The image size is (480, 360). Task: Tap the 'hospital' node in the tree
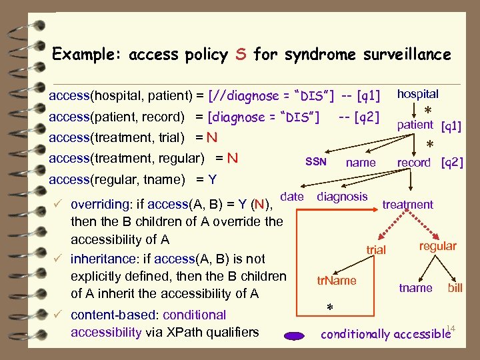[417, 95]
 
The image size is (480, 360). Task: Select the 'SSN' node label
[315, 162]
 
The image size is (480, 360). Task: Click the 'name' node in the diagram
[361, 163]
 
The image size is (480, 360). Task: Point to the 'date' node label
[292, 196]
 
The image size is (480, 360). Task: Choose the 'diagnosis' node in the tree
[342, 196]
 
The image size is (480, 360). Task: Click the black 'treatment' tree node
[407, 205]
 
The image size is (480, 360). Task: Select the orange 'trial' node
[376, 249]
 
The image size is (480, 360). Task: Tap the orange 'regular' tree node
[437, 246]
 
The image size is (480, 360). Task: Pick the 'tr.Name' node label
[336, 281]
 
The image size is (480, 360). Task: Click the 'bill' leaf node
[455, 288]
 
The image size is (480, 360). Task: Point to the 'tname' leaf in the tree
[415, 288]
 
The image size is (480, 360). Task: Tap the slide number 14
[451, 327]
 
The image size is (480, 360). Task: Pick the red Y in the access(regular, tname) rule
[212, 179]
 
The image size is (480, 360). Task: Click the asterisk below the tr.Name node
[329, 307]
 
